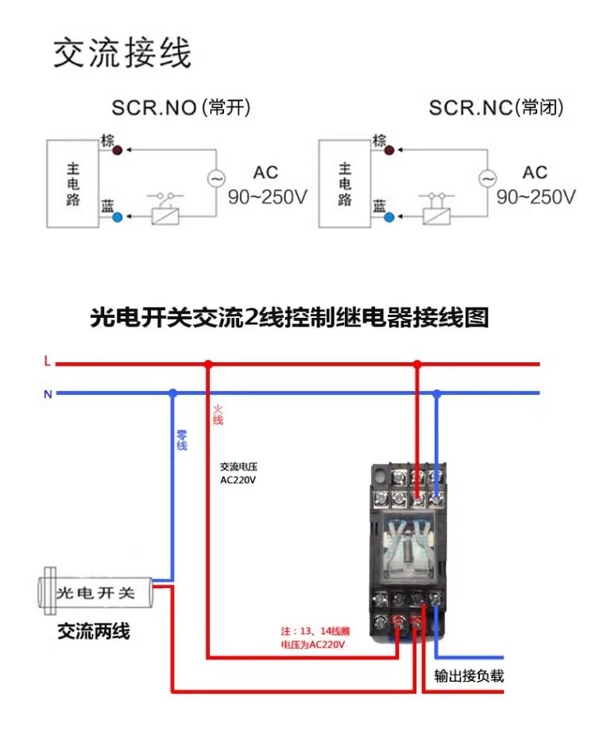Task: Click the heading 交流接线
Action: (x=122, y=53)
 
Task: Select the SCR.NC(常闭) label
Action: (x=496, y=108)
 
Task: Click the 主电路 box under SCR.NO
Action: (x=72, y=184)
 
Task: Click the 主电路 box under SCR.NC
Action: (x=344, y=184)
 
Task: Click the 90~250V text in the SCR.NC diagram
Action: (x=536, y=197)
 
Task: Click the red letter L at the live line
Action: (x=47, y=362)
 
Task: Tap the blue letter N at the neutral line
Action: (x=47, y=393)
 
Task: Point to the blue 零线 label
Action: (x=181, y=441)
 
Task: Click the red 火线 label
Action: (x=218, y=415)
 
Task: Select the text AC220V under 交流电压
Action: (x=238, y=480)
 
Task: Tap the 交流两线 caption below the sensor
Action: (x=93, y=632)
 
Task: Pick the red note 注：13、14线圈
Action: (x=309, y=631)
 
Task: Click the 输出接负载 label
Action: (x=469, y=677)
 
